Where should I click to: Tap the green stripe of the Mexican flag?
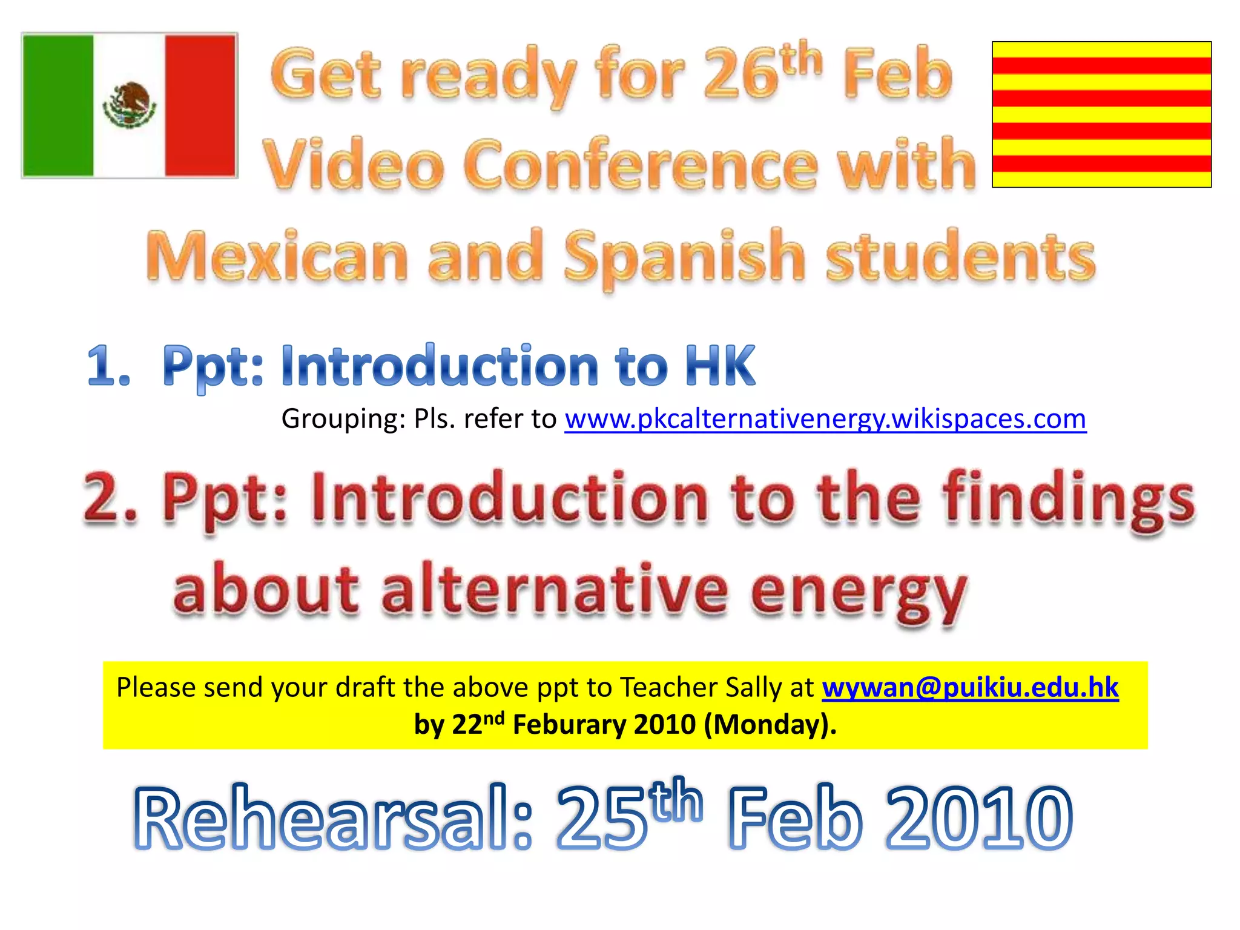[x=58, y=105]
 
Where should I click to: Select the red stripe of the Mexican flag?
[x=200, y=105]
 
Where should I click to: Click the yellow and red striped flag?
[x=1101, y=114]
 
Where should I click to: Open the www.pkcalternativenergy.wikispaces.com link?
[x=825, y=419]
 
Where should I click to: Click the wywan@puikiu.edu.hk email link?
[x=970, y=688]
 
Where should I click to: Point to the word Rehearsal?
[x=333, y=817]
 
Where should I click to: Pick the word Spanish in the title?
[x=684, y=257]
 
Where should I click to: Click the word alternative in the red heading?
[x=554, y=590]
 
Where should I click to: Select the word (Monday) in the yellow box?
[x=770, y=725]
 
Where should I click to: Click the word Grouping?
[x=343, y=419]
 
